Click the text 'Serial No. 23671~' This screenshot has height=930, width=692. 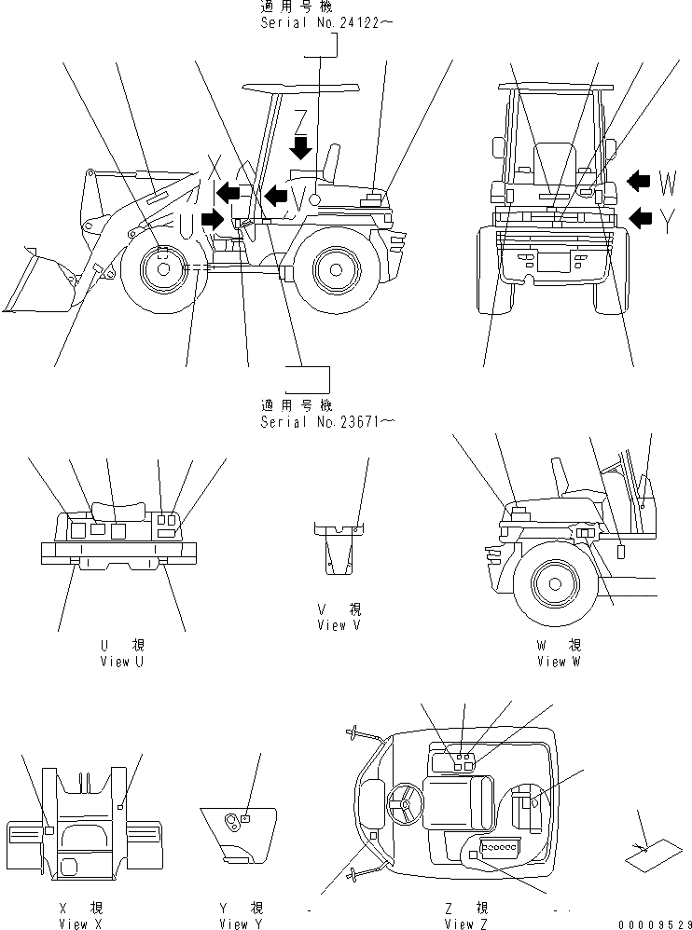click(x=327, y=421)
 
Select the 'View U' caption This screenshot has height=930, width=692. click(x=121, y=661)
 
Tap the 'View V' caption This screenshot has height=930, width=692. click(x=339, y=624)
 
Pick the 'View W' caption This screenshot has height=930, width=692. click(x=559, y=661)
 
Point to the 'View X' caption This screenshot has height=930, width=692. click(x=73, y=923)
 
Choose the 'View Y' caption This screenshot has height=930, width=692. click(x=234, y=923)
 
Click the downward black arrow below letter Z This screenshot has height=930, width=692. click(x=300, y=148)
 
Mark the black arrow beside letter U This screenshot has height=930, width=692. click(x=212, y=220)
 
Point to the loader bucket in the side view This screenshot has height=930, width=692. click(x=37, y=284)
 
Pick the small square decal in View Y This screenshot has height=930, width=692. click(x=244, y=817)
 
